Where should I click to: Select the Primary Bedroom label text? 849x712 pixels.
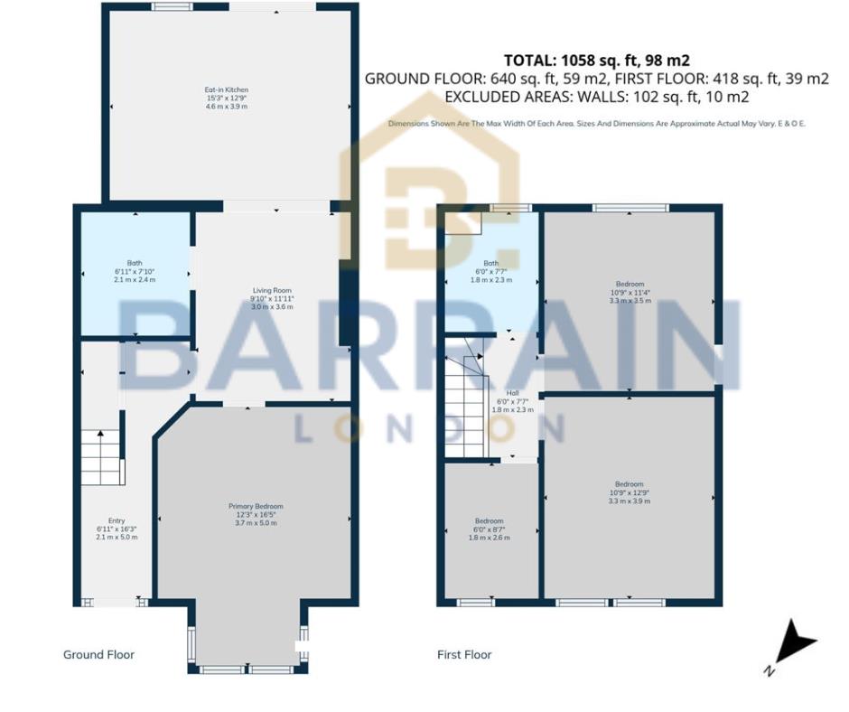pyautogui.click(x=256, y=514)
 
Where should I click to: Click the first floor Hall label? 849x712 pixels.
pyautogui.click(x=513, y=401)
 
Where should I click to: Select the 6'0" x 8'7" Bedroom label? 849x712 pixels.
pyautogui.click(x=489, y=529)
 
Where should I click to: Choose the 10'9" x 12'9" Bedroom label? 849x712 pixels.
pyautogui.click(x=630, y=492)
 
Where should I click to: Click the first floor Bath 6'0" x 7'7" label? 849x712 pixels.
pyautogui.click(x=493, y=271)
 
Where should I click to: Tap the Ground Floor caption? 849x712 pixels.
pyautogui.click(x=98, y=654)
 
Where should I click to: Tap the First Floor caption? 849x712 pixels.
pyautogui.click(x=464, y=654)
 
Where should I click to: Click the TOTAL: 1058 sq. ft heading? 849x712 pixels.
pyautogui.click(x=596, y=61)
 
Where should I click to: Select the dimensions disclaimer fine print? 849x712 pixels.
pyautogui.click(x=596, y=123)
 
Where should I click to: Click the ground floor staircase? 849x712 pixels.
pyautogui.click(x=101, y=457)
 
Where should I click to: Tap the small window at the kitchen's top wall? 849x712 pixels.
pyautogui.click(x=171, y=7)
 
